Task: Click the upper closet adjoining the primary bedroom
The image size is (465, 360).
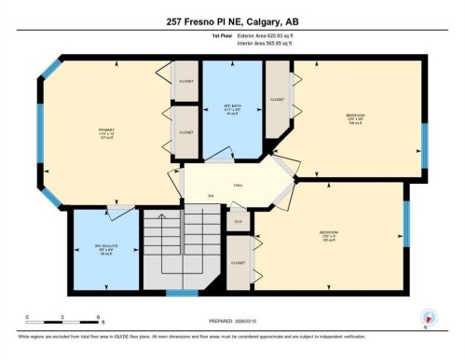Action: pos(187,81)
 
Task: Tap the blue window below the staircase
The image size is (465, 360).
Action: pos(182,293)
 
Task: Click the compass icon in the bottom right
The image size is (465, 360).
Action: pos(428,318)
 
